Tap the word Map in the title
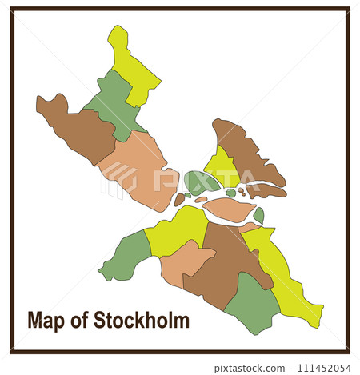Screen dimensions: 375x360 tap(46, 321)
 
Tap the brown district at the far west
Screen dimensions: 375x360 tap(76, 128)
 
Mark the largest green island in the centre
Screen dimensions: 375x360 tap(200, 182)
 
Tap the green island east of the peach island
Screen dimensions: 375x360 tap(258, 215)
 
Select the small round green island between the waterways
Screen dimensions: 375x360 tap(231, 193)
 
